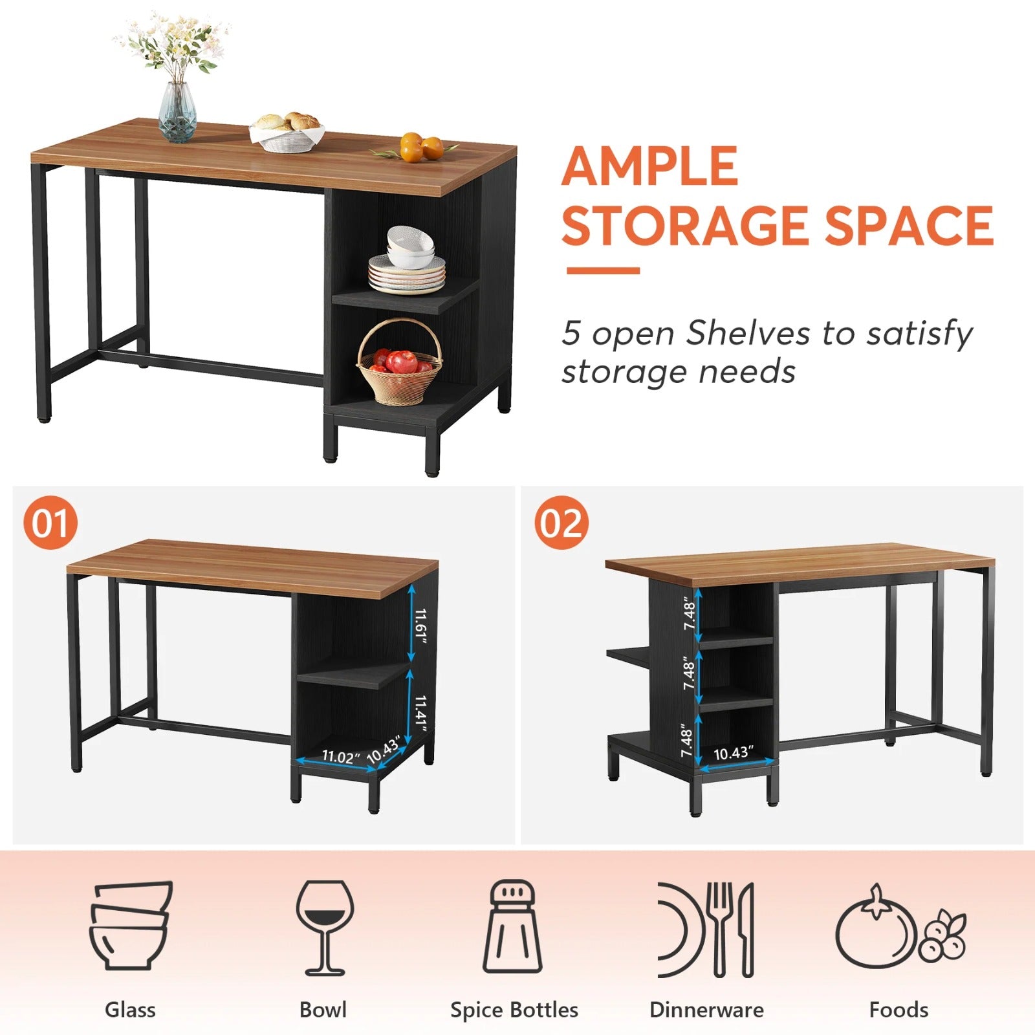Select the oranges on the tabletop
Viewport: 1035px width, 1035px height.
(420, 147)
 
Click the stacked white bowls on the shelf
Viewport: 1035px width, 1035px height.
(409, 248)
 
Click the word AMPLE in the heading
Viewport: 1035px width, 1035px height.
(649, 166)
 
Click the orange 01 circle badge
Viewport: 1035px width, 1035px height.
(50, 523)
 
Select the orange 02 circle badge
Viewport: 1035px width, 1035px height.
(561, 523)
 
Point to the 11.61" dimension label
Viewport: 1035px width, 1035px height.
(421, 626)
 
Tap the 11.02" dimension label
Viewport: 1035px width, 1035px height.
(340, 756)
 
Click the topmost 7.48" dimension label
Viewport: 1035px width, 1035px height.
(690, 615)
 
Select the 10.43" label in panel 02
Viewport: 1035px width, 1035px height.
(733, 753)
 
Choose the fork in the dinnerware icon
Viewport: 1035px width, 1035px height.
(720, 928)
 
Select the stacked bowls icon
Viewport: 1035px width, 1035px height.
(130, 925)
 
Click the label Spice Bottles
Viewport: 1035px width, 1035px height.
(514, 1010)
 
